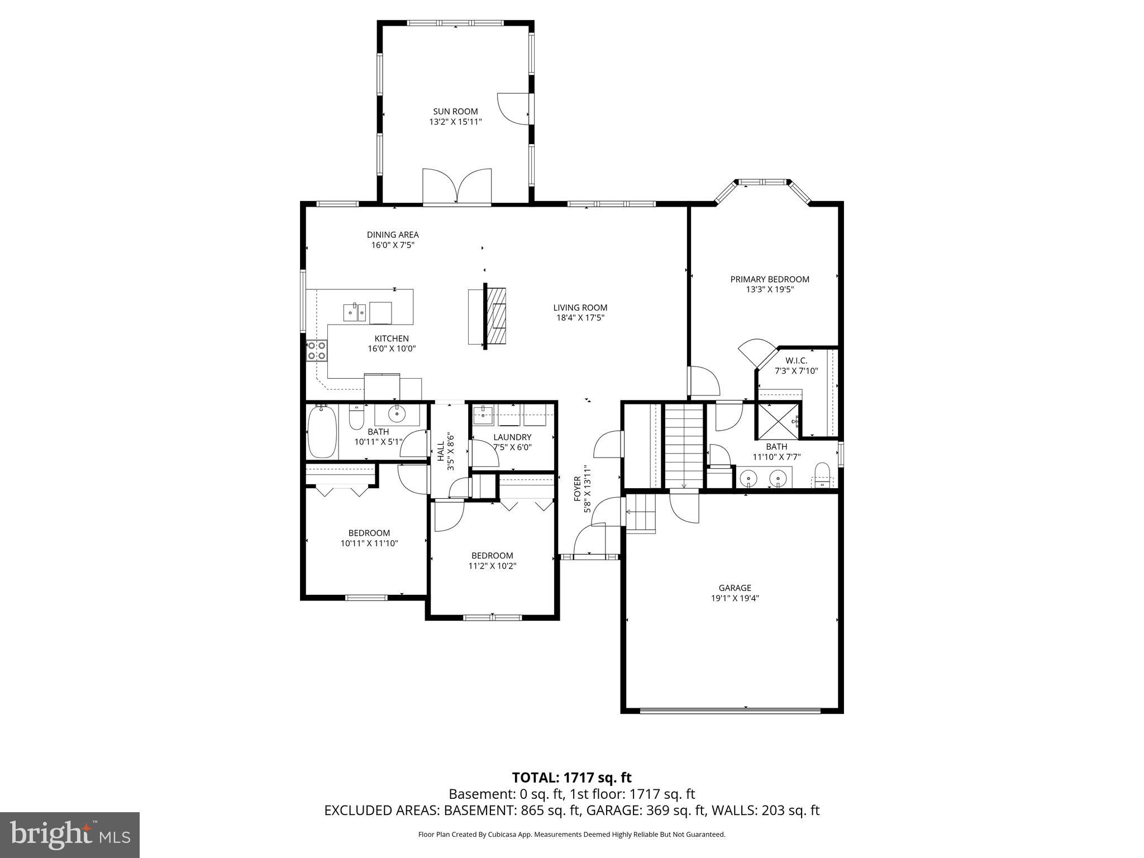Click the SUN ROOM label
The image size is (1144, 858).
(455, 112)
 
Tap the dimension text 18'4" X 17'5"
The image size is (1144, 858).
(580, 318)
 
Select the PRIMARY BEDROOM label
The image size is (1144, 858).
(769, 279)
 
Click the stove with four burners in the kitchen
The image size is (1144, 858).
(317, 351)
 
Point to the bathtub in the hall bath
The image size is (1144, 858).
(322, 432)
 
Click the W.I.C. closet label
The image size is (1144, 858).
(796, 361)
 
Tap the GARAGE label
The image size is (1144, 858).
(735, 588)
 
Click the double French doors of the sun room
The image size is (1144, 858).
(457, 187)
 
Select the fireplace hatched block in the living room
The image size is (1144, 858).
(495, 316)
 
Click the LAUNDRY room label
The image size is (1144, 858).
(512, 437)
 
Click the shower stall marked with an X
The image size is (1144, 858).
(778, 420)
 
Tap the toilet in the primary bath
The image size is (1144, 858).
(822, 475)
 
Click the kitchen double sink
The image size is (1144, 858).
(354, 312)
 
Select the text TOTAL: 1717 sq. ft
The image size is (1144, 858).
(571, 778)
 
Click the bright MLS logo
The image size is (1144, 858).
(70, 835)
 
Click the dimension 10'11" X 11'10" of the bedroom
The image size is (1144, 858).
(369, 543)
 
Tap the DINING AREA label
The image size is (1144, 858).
(393, 235)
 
